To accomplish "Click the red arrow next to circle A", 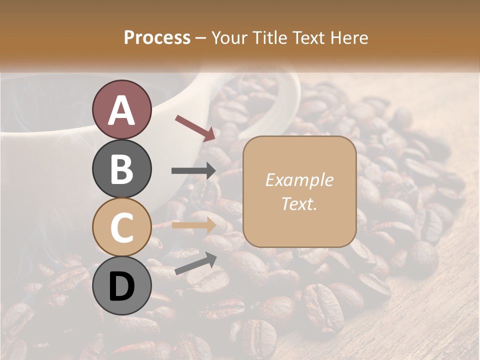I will pos(195,127).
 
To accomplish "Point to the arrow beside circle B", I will pos(194,170).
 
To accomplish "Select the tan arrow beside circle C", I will pos(194,225).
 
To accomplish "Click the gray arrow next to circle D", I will pos(195,263).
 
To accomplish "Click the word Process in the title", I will pos(157,38).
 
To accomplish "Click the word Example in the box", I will pos(299,180).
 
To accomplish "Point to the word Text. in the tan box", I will pos(299,204).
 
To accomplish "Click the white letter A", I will pos(121,110).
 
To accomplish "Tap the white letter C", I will pos(121,228).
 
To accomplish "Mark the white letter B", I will pos(121,169).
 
